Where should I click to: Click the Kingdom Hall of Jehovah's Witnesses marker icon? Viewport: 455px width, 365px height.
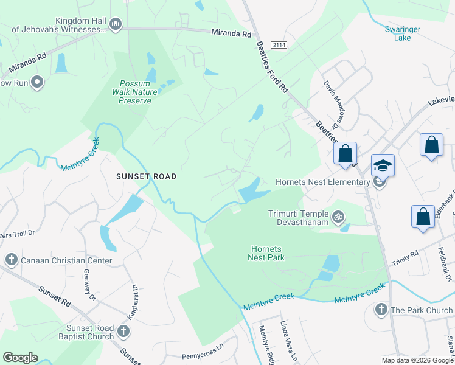116,24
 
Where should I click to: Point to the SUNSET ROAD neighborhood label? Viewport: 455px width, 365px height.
147,176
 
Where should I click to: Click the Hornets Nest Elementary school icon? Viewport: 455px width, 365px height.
380,182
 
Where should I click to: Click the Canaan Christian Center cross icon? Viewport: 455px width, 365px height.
11,260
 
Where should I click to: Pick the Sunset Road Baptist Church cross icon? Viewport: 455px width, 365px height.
123,332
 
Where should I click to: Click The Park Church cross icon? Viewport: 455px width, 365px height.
381,310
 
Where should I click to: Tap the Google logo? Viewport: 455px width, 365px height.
21,358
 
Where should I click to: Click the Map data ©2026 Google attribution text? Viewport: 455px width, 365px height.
417,360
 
